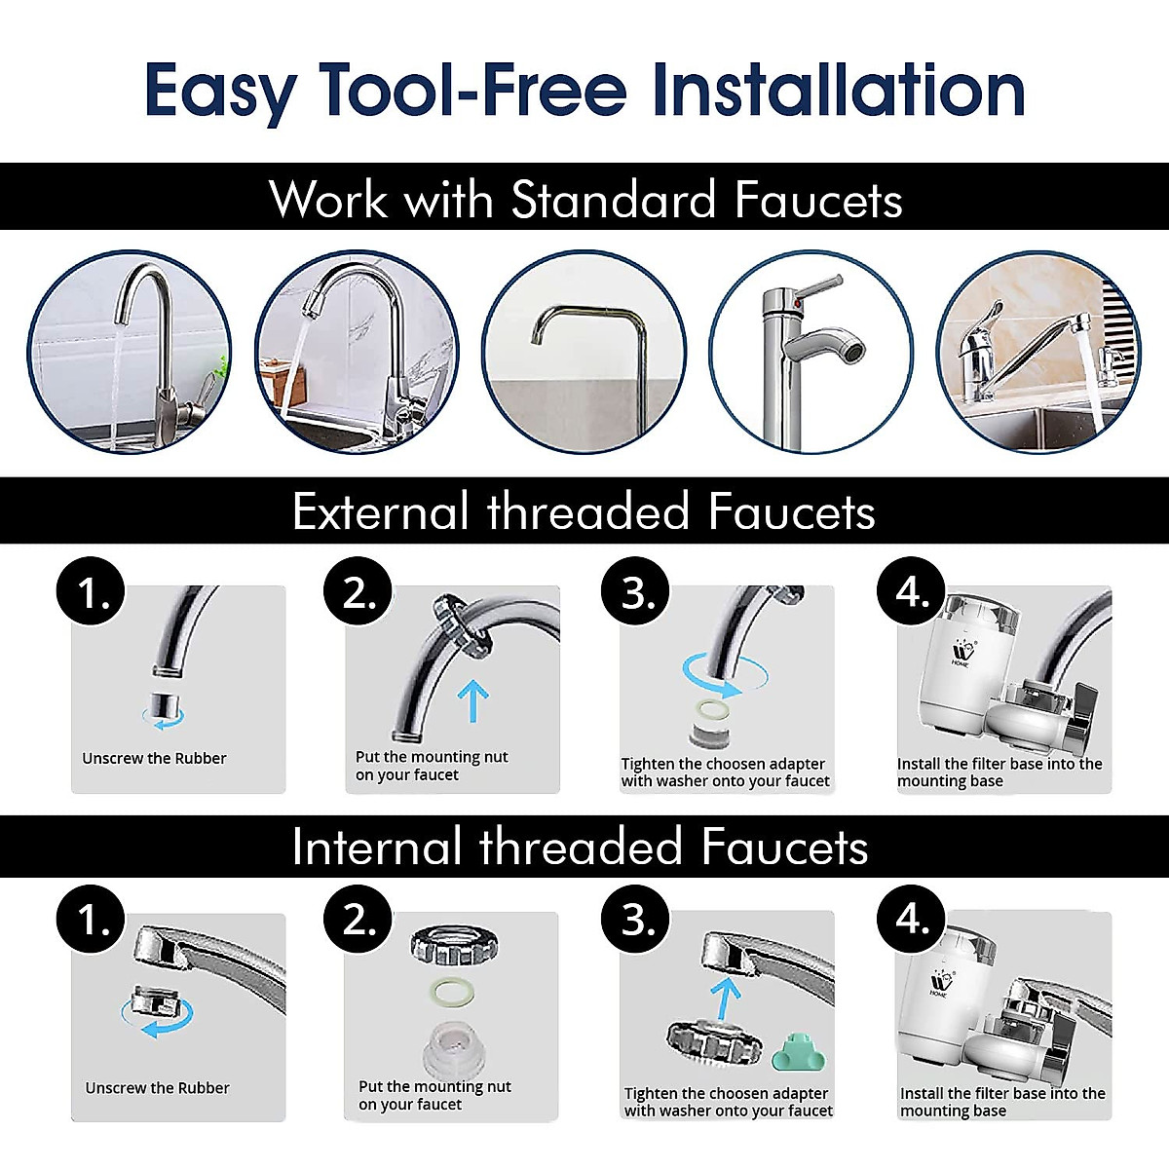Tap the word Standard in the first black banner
tap(614, 200)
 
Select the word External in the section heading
tap(380, 511)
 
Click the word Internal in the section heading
tap(376, 847)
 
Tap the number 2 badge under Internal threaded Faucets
tap(358, 921)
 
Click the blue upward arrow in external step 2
tap(472, 700)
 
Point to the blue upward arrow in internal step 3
tap(724, 999)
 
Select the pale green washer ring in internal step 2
tap(455, 990)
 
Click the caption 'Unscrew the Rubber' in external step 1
tap(154, 758)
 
